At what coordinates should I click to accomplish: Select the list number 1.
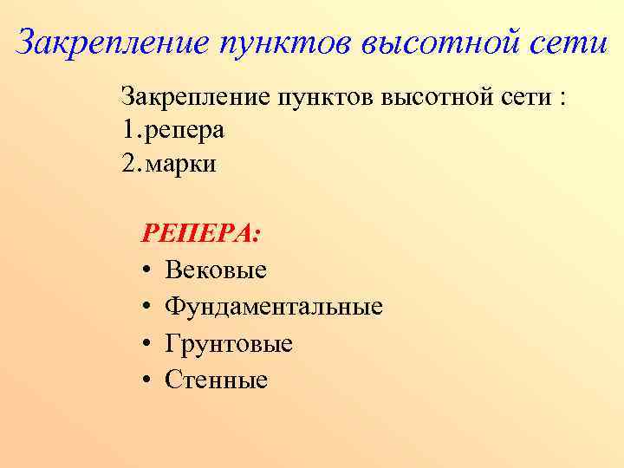pos(129,130)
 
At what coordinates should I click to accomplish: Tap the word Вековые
pos(216,270)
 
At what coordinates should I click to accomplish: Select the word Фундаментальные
pos(274,307)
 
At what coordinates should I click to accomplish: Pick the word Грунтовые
pos(229,343)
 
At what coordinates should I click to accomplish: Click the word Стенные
pos(217,380)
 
